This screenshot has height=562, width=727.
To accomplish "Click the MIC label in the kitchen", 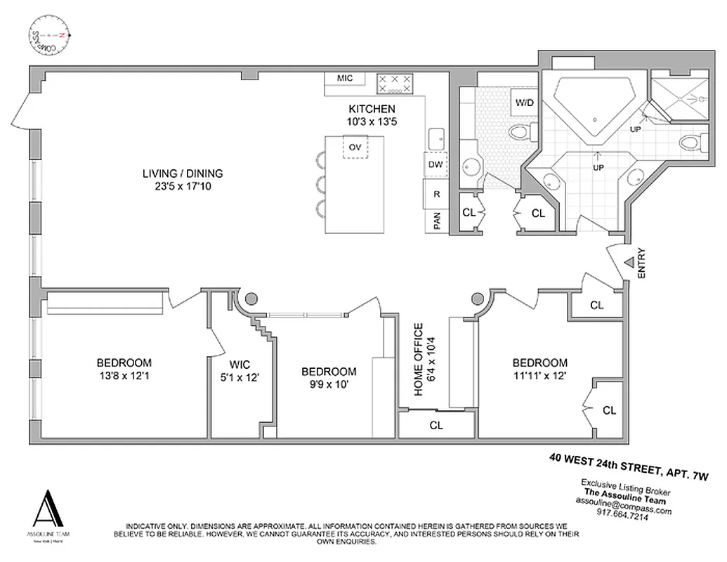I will pyautogui.click(x=344, y=79).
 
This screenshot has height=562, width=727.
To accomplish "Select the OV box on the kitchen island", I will pyautogui.click(x=355, y=148).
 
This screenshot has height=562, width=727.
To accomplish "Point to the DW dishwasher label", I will pyautogui.click(x=435, y=165).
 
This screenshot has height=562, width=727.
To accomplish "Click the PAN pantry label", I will pyautogui.click(x=436, y=222).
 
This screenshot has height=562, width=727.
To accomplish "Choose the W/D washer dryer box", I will pyautogui.click(x=525, y=103).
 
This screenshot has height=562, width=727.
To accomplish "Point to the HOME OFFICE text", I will pyautogui.click(x=419, y=360).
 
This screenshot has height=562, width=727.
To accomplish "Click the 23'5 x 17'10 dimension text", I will pyautogui.click(x=183, y=187).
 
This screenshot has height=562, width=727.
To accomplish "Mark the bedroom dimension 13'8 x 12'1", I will pyautogui.click(x=124, y=376).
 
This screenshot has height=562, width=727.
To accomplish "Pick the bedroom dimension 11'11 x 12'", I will pyautogui.click(x=539, y=376).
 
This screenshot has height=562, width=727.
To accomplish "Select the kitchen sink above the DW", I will pyautogui.click(x=435, y=137).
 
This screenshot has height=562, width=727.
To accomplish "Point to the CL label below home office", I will pyautogui.click(x=436, y=425).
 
